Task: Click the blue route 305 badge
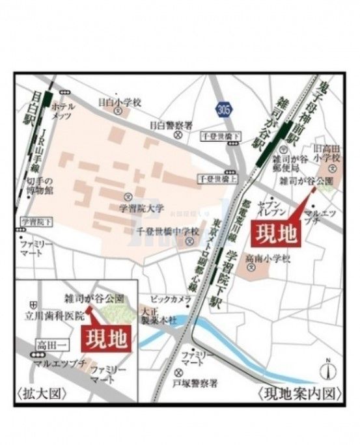[225, 107]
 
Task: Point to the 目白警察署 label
[171, 125]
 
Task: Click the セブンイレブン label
[270, 208]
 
